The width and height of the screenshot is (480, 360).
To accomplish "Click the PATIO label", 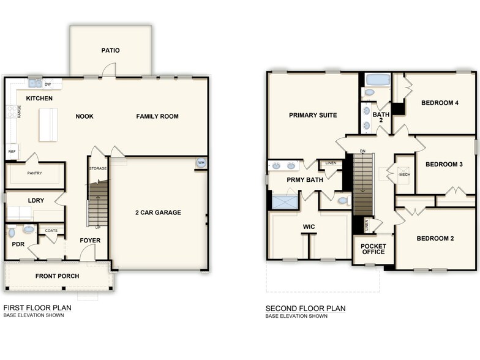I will (x=111, y=50).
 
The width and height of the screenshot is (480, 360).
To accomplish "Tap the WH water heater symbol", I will (x=201, y=163).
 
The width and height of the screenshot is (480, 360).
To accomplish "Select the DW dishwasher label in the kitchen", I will (x=48, y=84).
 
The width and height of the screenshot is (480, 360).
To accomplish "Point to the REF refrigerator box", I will (x=12, y=151).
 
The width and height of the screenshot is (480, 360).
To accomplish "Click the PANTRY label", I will (x=34, y=173).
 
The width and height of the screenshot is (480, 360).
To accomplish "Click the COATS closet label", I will (x=51, y=231).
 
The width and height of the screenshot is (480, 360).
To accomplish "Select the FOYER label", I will (x=90, y=240).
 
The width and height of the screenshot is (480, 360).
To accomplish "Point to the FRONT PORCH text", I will (x=57, y=276).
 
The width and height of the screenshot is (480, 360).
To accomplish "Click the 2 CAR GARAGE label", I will (x=158, y=212).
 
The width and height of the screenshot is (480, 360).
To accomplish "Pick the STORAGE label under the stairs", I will (x=98, y=168).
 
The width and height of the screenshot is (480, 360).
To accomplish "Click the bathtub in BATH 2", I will (x=377, y=80).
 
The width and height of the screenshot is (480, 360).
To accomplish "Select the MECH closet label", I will (x=404, y=174).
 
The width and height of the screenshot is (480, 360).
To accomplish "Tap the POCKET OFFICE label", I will (x=373, y=248).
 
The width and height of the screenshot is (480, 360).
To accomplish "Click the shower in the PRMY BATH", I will (x=284, y=201).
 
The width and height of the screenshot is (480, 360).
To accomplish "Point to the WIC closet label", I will (x=309, y=227).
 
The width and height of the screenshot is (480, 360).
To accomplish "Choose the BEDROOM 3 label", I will (x=444, y=164).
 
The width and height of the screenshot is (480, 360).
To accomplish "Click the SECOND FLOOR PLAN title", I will (x=306, y=308).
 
